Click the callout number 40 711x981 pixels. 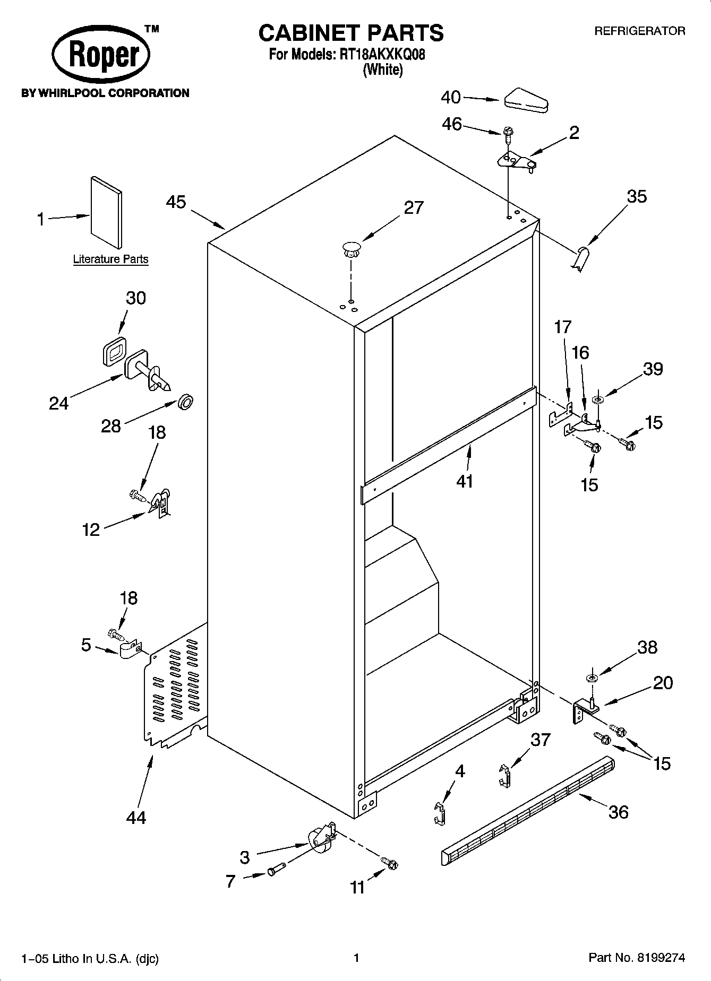pyautogui.click(x=451, y=98)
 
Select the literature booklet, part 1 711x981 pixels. pyautogui.click(x=106, y=212)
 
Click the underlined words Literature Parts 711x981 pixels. pyautogui.click(x=110, y=259)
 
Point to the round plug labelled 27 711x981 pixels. pyautogui.click(x=351, y=249)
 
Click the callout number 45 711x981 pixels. pyautogui.click(x=176, y=202)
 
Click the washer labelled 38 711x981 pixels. pyautogui.click(x=592, y=678)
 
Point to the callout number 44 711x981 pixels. pyautogui.click(x=136, y=818)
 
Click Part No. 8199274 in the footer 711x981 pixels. pyautogui.click(x=637, y=958)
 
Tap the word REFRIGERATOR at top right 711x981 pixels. pyautogui.click(x=639, y=31)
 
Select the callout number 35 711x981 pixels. pyautogui.click(x=637, y=197)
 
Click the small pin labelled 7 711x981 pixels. pyautogui.click(x=276, y=871)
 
